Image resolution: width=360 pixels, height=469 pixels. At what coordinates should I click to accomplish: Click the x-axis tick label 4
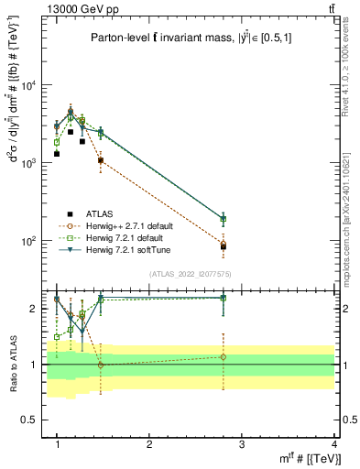(x=333, y=443)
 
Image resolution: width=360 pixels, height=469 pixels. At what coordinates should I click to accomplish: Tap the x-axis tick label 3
(x=241, y=443)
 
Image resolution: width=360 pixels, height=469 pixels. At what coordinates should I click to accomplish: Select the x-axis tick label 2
(x=149, y=443)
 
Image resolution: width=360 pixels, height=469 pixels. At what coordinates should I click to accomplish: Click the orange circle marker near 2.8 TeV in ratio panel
(x=224, y=357)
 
